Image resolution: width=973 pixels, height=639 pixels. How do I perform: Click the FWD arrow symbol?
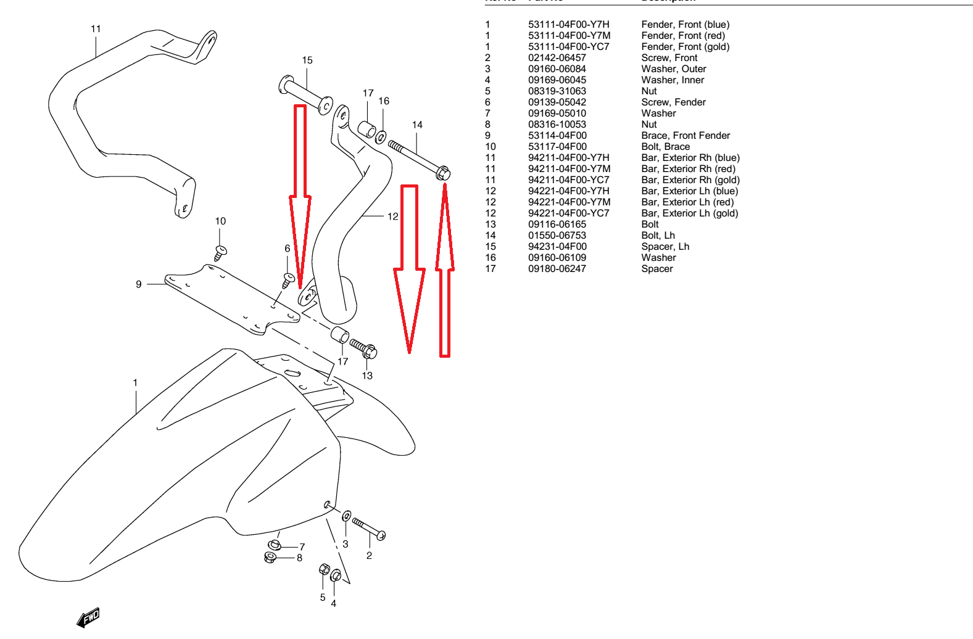click(x=88, y=617)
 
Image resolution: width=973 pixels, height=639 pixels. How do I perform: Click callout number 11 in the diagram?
click(x=96, y=29)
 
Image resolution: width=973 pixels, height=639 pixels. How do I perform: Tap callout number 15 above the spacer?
click(x=307, y=60)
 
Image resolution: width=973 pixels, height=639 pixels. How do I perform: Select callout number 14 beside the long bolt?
click(x=417, y=125)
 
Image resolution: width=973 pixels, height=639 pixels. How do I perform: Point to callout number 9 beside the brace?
click(x=139, y=284)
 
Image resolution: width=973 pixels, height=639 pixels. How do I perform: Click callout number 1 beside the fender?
click(x=135, y=383)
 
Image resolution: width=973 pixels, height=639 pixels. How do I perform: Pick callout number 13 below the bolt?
click(x=367, y=376)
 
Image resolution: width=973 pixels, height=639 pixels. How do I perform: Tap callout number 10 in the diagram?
click(x=220, y=221)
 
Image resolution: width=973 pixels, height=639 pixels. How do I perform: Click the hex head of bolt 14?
click(x=443, y=173)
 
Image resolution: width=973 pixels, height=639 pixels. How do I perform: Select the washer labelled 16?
click(x=381, y=136)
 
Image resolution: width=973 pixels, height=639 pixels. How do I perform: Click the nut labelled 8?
click(x=270, y=558)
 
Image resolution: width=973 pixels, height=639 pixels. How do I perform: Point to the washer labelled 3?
click(x=347, y=516)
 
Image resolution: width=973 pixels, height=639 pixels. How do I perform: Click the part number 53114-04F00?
click(x=557, y=136)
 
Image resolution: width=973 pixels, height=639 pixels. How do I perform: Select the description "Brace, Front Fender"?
click(x=685, y=136)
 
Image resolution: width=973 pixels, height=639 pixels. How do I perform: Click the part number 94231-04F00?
click(x=557, y=247)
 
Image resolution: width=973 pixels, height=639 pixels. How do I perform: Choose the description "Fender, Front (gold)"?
click(x=685, y=47)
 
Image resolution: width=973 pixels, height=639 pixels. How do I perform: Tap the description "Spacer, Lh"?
click(x=665, y=247)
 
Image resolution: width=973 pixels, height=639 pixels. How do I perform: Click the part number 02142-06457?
click(x=557, y=58)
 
